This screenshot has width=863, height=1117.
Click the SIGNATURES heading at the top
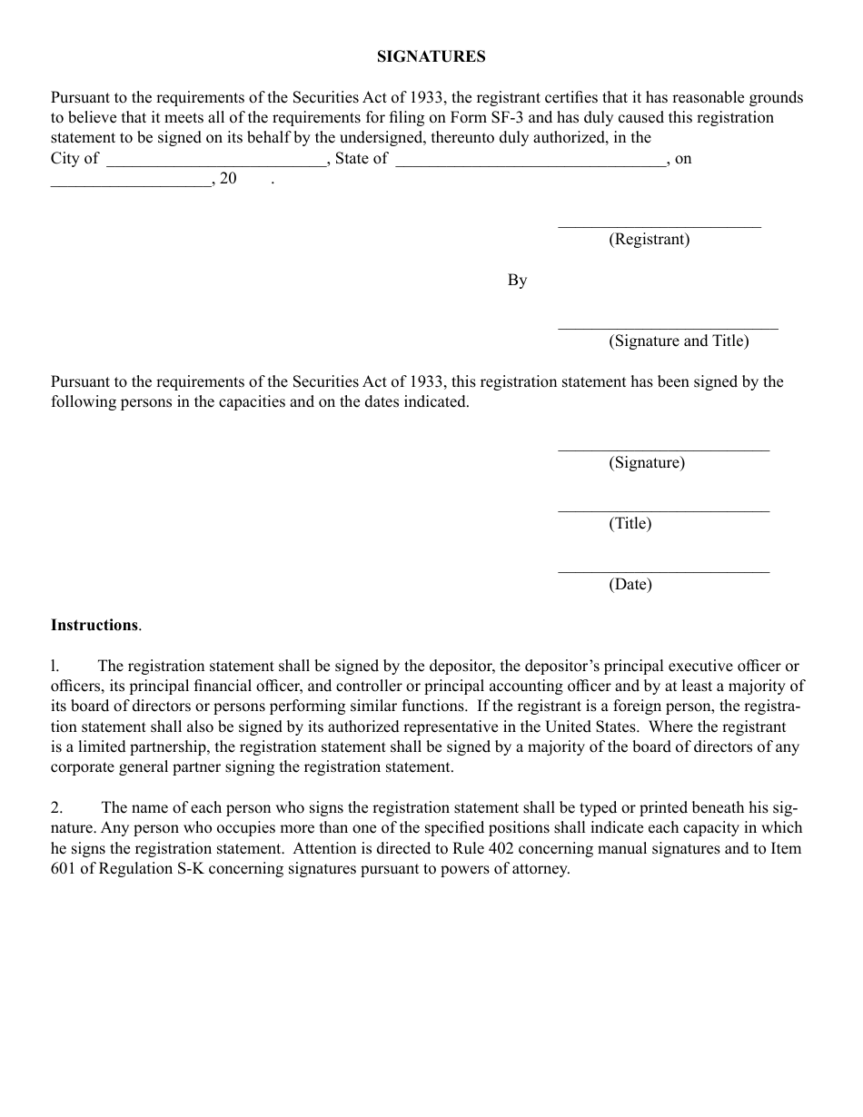pos(431,56)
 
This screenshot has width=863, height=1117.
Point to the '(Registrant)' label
pos(649,239)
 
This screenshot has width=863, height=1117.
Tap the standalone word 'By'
pos(517,281)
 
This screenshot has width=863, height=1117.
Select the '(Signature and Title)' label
pos(679,341)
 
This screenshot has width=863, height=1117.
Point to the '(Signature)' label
pos(647,462)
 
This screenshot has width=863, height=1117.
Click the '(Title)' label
pos(630,523)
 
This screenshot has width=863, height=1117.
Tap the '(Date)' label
pos(630,584)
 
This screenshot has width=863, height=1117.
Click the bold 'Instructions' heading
pos(94,625)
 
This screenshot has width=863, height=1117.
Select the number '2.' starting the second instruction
pos(57,807)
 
